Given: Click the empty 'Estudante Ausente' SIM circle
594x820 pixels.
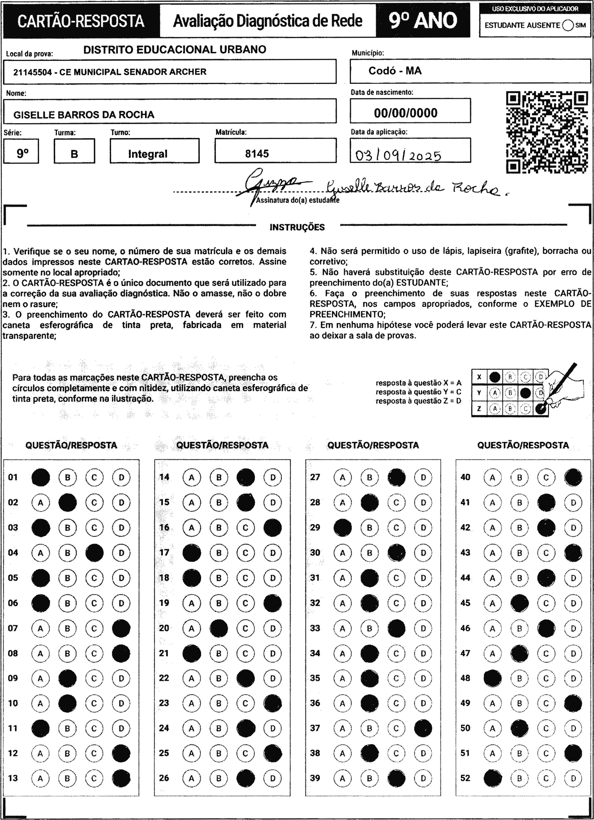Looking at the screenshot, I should (568, 25).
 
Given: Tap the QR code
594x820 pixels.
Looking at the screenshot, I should (547, 132).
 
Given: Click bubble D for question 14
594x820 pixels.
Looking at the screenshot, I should (273, 477).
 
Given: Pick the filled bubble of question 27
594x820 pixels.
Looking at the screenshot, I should (396, 477).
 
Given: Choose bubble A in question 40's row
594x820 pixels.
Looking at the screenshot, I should (493, 477).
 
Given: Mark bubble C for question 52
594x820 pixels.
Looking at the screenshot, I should (546, 778).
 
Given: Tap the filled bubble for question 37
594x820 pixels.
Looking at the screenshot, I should (423, 728).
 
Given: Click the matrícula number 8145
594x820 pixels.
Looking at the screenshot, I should (257, 154).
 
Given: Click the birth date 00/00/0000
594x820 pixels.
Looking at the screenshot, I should (406, 113).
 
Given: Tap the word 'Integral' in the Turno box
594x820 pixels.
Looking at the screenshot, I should (148, 154).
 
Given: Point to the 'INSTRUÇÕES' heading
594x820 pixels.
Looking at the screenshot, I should (297, 227).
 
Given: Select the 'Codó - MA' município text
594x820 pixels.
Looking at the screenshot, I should (395, 70).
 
